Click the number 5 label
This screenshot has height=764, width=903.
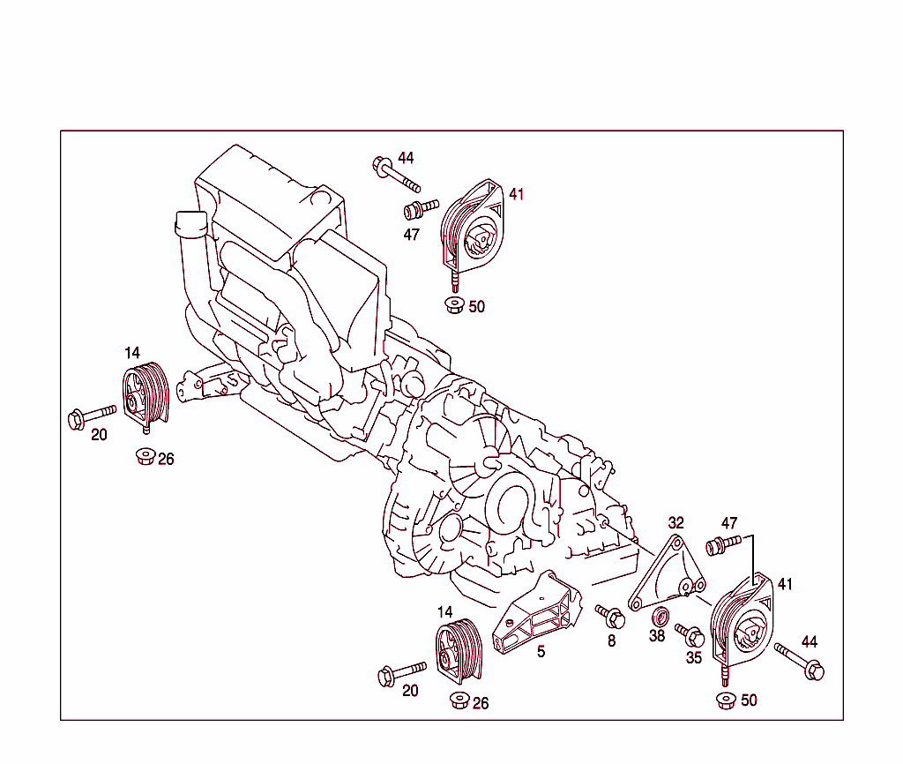[x=541, y=652]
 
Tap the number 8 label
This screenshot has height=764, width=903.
[x=611, y=641]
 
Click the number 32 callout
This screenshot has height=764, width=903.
[x=675, y=523]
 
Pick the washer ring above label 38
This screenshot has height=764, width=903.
[x=660, y=614]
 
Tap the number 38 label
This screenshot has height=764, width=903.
[x=657, y=635]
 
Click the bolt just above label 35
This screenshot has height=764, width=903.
[x=689, y=634]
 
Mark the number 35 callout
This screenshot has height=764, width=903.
[x=694, y=657]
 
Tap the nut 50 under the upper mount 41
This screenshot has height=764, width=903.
[x=454, y=306]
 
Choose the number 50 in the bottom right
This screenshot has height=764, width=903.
[x=748, y=700]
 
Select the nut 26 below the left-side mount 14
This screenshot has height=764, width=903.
[x=145, y=457]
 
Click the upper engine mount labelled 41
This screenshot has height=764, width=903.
[x=473, y=228]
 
